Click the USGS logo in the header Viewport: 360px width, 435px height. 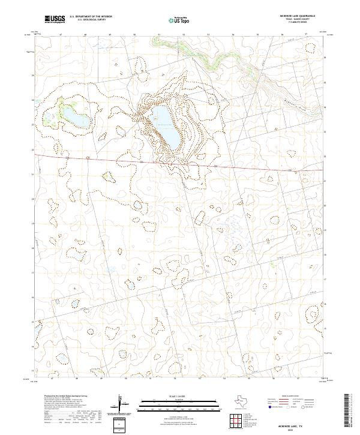click(x=55, y=19)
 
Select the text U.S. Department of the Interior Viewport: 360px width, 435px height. click(x=91, y=16)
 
